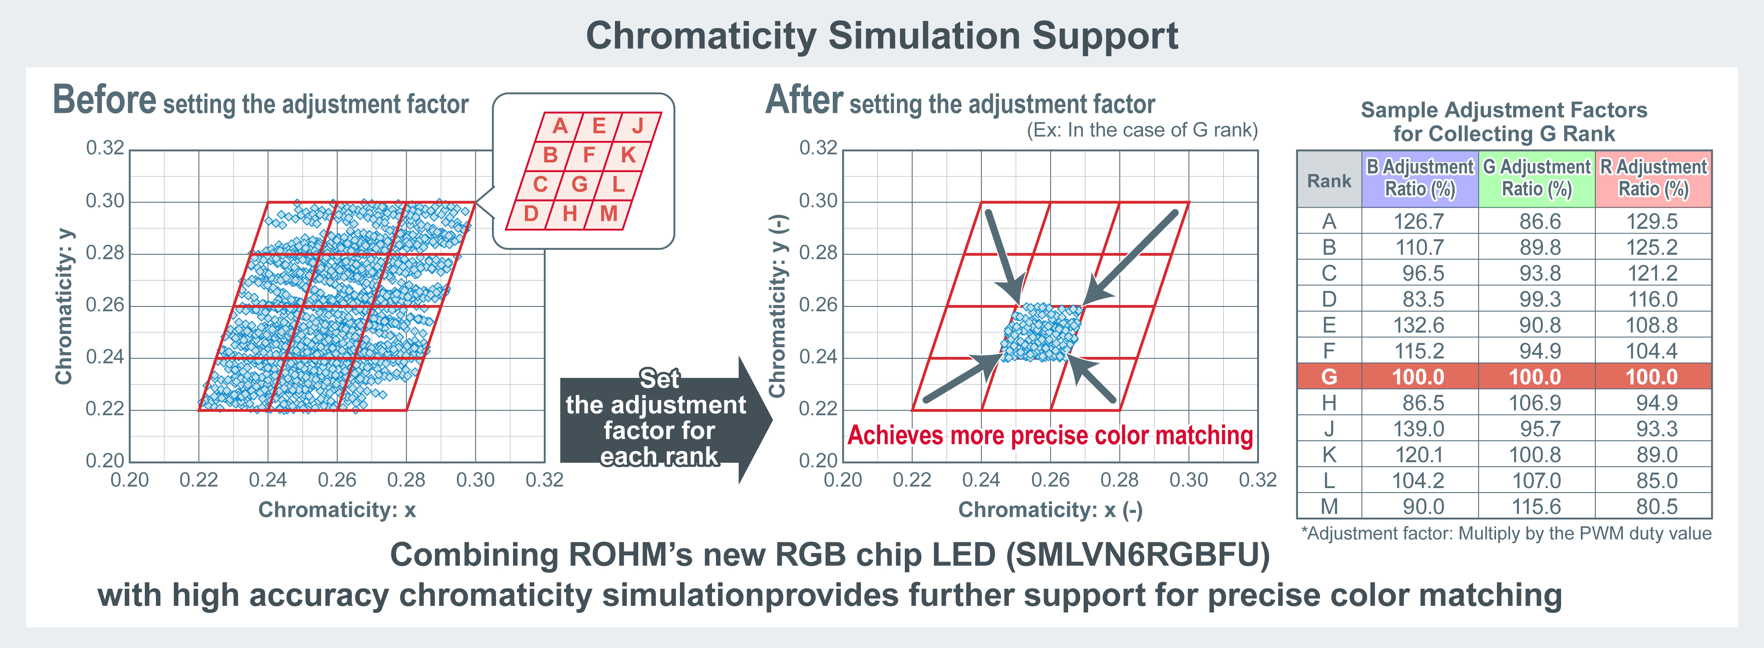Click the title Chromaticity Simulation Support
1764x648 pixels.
click(x=882, y=36)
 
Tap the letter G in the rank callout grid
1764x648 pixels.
click(x=579, y=184)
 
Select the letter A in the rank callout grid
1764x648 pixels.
click(x=560, y=126)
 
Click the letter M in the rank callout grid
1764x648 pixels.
click(x=609, y=213)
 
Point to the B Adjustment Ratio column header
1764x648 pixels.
click(x=1420, y=178)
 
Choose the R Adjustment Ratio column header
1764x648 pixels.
click(x=1653, y=178)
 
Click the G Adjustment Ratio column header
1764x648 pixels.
click(x=1536, y=178)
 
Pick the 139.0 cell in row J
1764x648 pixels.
click(x=1419, y=429)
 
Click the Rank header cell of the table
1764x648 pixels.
click(x=1329, y=180)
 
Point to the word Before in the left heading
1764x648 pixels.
click(x=105, y=100)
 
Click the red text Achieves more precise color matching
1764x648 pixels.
click(x=1051, y=435)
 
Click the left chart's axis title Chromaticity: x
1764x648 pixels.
click(x=337, y=510)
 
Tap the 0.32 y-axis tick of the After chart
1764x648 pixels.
click(x=818, y=148)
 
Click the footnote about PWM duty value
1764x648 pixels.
click(x=1506, y=534)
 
